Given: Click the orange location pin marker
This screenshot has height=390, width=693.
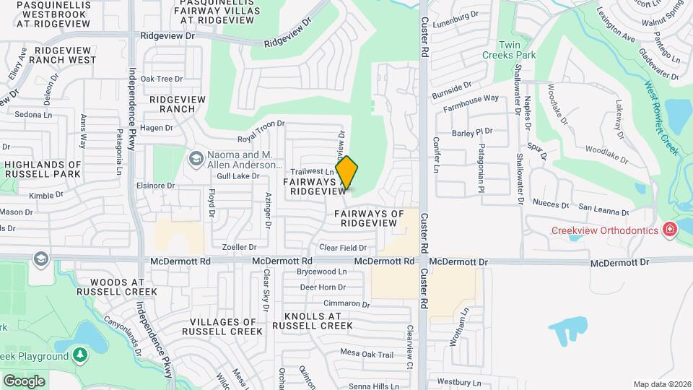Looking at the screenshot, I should pos(346,173).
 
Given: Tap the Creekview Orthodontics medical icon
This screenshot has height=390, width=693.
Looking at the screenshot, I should pos(671,230).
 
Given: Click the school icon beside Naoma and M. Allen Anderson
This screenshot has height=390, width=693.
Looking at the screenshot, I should pos(196,158).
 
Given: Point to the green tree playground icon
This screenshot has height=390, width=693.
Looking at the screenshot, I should pos(80,355).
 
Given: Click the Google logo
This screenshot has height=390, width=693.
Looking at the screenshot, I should pos(24,381).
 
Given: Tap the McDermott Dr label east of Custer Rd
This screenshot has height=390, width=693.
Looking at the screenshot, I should pos(620,262).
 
